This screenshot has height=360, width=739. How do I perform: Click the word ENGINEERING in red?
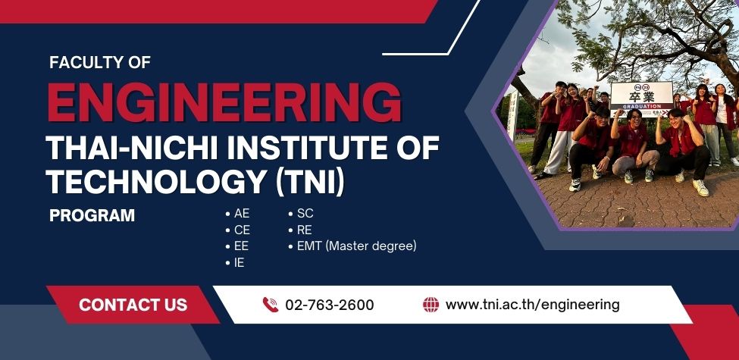tap(225, 102)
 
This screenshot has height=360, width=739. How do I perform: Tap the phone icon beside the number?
tap(271, 305)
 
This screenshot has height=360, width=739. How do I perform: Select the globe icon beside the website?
tap(431, 305)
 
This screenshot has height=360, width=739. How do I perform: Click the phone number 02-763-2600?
tap(330, 305)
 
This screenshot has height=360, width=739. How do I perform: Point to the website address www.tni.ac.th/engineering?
tap(533, 305)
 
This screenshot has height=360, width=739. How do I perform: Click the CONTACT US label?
tap(133, 305)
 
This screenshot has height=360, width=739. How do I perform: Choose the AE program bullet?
tap(237, 214)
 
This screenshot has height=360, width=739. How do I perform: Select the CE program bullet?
tap(237, 230)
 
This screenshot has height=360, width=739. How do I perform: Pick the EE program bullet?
tap(237, 246)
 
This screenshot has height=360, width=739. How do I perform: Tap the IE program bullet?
tap(235, 262)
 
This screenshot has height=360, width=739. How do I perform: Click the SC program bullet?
tap(301, 214)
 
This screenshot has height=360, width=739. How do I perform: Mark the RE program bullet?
tap(300, 230)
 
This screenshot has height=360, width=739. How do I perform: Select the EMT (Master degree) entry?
tap(352, 246)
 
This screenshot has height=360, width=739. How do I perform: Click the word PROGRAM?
tap(92, 215)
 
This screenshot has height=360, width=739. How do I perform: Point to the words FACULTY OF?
tap(100, 63)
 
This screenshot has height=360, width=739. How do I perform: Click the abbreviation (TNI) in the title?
tap(310, 181)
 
